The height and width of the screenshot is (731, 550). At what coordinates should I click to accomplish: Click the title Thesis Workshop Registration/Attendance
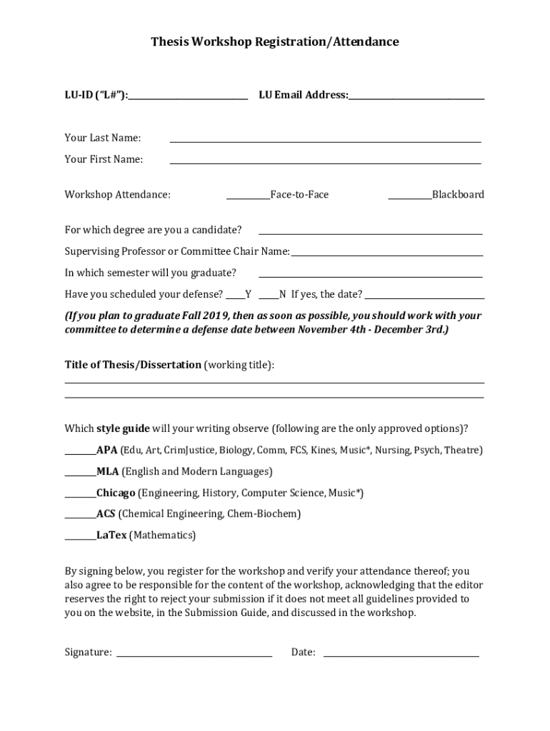pos(274,42)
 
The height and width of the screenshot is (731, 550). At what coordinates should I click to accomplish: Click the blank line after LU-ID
pos(189,96)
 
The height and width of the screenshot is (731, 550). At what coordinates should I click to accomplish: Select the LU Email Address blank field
pos(416,96)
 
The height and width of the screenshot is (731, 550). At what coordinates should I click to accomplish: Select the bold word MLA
pos(108,472)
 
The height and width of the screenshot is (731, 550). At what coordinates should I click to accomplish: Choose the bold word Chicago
pos(116,493)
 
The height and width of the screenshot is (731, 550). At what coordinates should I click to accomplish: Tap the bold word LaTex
pos(111,535)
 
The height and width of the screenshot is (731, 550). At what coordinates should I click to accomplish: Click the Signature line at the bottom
pos(194,654)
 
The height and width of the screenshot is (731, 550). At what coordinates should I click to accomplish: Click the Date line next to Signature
pos(401,654)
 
